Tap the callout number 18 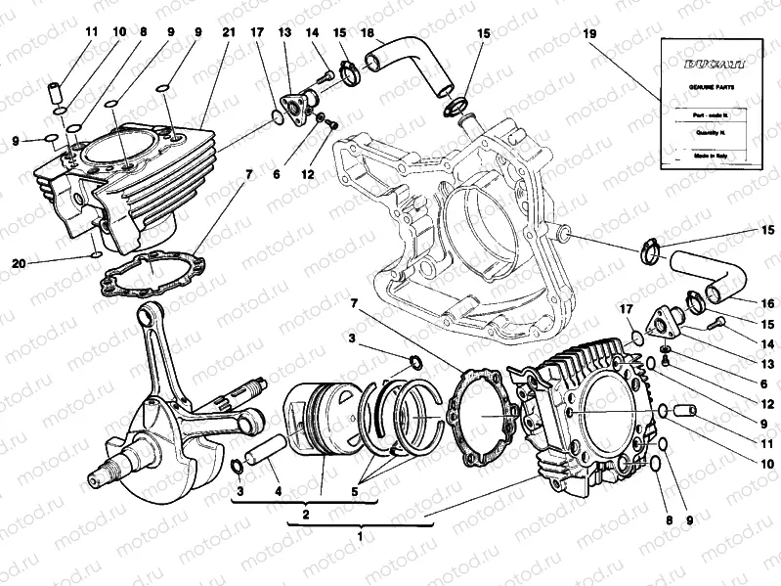pyautogui.click(x=368, y=32)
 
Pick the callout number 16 pyautogui.click(x=766, y=303)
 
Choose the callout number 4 pyautogui.click(x=278, y=490)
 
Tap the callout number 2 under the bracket pyautogui.click(x=306, y=514)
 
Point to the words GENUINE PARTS pyautogui.click(x=706, y=88)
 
